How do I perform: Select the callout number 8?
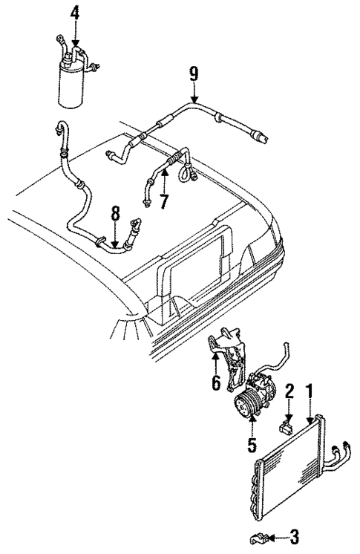point(114,213)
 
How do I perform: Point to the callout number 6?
point(216,385)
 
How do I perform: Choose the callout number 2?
point(290,391)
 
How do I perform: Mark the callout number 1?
point(310,391)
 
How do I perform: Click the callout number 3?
point(296,535)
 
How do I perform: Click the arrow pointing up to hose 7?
point(165,178)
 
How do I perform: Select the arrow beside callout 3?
point(276,535)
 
